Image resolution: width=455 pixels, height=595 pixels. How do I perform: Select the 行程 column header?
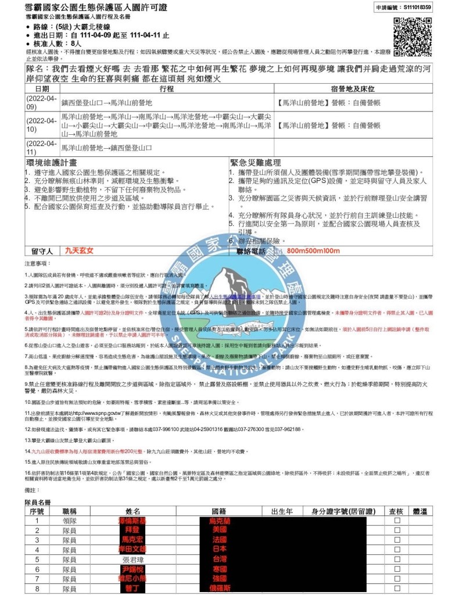point(166,89)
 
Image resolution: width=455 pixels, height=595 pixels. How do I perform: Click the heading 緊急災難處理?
point(256,163)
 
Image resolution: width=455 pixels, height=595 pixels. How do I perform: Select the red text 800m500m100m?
point(313,251)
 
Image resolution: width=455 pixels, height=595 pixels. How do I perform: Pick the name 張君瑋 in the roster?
point(132,560)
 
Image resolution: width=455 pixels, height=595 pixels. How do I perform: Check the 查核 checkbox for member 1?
point(397,522)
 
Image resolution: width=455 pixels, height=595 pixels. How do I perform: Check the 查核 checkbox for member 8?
point(397,588)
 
